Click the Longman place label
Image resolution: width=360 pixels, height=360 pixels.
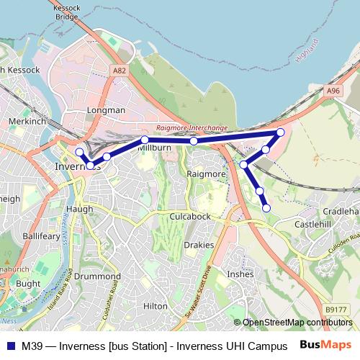[x=106, y=110]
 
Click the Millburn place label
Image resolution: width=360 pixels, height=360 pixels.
[x=152, y=147]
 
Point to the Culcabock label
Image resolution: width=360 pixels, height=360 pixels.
[x=191, y=216]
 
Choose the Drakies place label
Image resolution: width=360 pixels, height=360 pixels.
[x=199, y=245]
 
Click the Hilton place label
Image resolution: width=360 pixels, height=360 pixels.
[x=156, y=306]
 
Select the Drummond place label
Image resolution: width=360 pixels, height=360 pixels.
[x=98, y=276]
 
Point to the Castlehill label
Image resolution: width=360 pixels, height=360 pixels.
[x=313, y=225]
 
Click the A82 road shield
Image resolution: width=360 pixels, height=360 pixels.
[x=120, y=71]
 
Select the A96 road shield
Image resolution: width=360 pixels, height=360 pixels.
[x=333, y=91]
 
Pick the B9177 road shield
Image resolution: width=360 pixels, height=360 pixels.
[x=335, y=310]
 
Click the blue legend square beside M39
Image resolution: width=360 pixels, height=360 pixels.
[x=11, y=346]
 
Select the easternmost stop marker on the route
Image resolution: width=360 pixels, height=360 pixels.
[x=281, y=132]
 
